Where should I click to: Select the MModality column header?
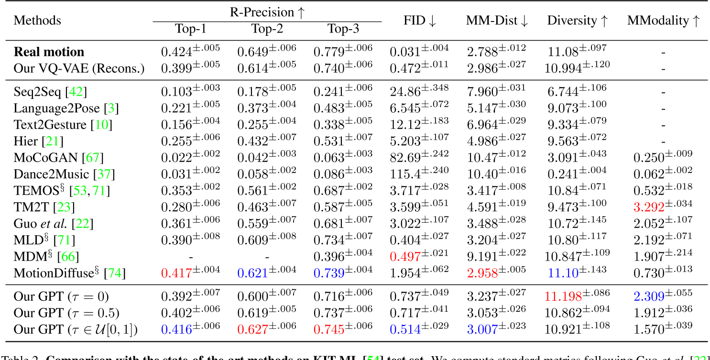click(x=663, y=21)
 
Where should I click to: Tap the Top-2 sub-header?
click(x=267, y=29)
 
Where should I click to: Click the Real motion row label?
click(x=49, y=52)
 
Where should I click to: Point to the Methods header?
click(x=37, y=21)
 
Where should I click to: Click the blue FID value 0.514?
click(x=405, y=329)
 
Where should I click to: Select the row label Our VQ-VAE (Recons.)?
click(x=79, y=68)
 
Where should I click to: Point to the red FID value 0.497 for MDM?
click(x=405, y=256)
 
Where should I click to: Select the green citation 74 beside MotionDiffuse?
click(x=115, y=273)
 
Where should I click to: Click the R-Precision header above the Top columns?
click(x=267, y=12)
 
